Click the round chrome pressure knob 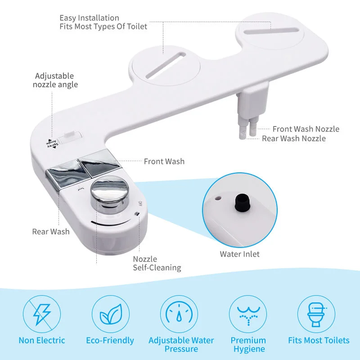coord(109,194)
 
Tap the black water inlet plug coord(243,202)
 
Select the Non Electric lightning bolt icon coord(42,314)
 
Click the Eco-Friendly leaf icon coord(111,314)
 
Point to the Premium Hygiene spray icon coord(248,314)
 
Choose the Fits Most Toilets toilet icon coord(316,314)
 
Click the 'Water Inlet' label coord(240,254)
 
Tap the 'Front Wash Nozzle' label coord(306,129)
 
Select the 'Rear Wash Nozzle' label coord(294,138)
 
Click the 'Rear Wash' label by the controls coord(51,231)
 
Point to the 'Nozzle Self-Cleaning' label coord(157,263)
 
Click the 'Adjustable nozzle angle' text coord(55,80)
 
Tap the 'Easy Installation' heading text coord(89,18)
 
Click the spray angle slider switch coord(70,137)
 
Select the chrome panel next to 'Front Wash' coord(99,162)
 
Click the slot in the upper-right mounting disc coord(271,31)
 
